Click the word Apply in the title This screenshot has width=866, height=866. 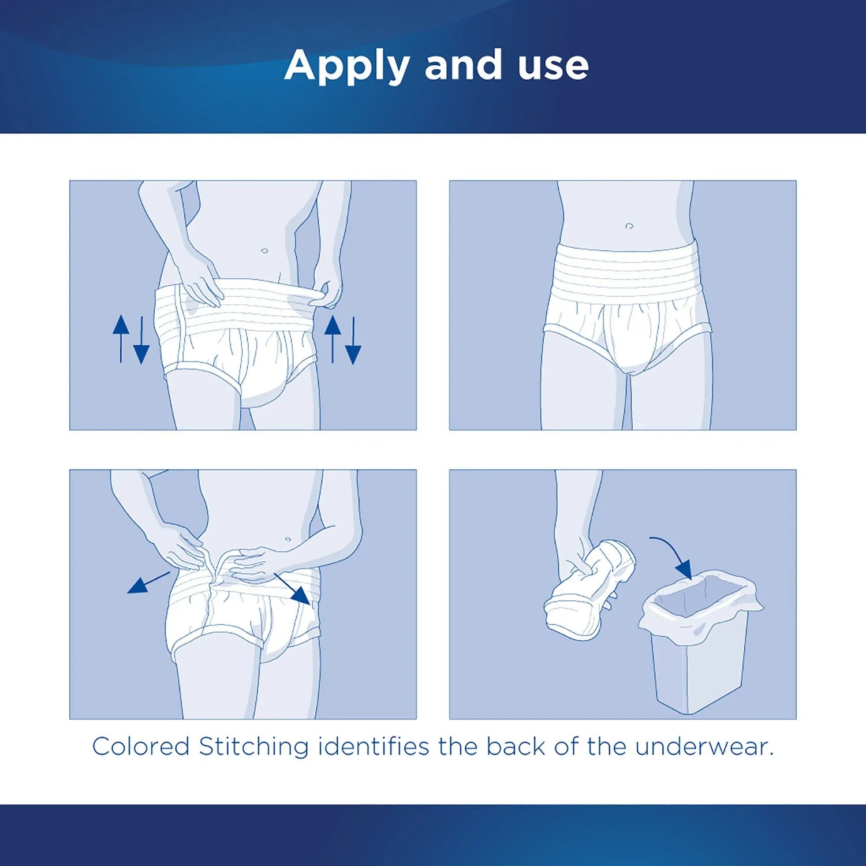346,66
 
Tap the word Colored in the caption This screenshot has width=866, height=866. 141,746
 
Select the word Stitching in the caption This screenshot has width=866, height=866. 254,746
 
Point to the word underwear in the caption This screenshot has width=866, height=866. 704,746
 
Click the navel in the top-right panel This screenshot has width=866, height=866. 629,226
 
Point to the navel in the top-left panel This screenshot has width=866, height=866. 264,251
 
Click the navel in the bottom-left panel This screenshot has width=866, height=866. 288,539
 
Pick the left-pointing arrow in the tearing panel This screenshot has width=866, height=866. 147,583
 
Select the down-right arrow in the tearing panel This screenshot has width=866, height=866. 293,589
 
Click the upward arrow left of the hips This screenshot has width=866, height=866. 121,338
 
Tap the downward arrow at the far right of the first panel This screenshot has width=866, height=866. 353,341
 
